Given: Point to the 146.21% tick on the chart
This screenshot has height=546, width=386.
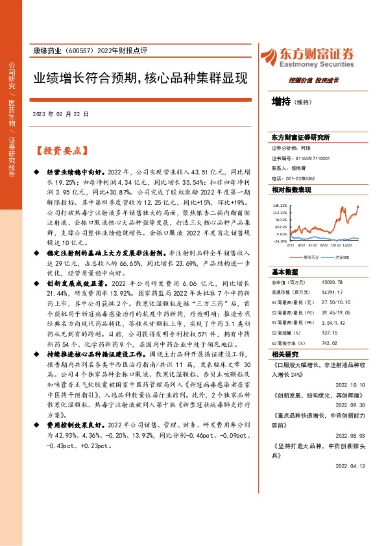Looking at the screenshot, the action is [280, 205].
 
